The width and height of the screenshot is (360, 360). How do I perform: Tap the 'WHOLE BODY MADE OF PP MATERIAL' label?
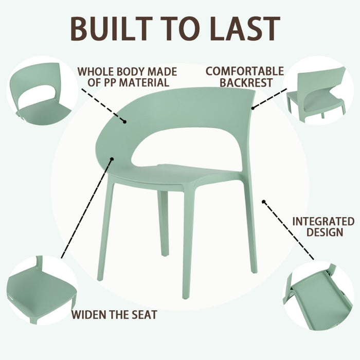(x=127, y=77)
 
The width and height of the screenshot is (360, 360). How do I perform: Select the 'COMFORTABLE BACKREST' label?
(x=244, y=76)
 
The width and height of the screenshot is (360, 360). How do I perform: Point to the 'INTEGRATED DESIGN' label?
(x=323, y=226)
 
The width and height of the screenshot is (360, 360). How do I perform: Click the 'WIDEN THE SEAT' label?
(x=114, y=314)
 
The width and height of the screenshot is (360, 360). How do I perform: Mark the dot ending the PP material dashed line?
(x=125, y=122)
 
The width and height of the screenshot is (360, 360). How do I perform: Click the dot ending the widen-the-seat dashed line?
(x=111, y=159)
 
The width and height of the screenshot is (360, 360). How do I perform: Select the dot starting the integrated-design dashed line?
(x=264, y=202)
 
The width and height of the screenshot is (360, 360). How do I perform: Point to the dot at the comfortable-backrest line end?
(x=253, y=108)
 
